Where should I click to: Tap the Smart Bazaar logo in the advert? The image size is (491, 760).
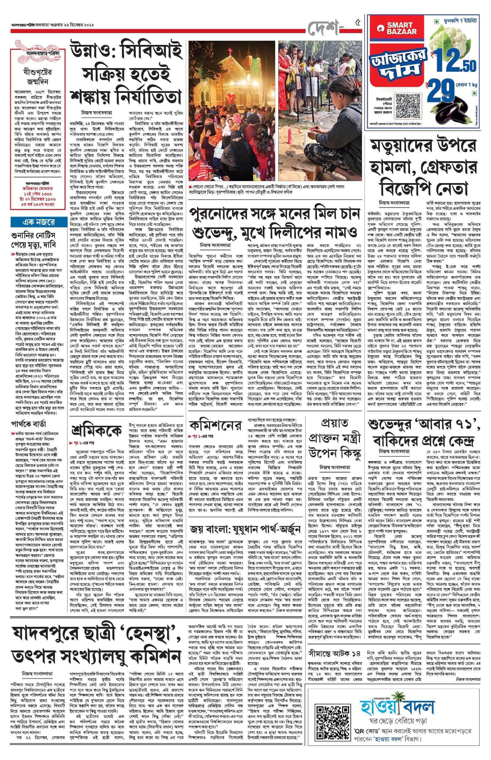pos(399,28)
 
